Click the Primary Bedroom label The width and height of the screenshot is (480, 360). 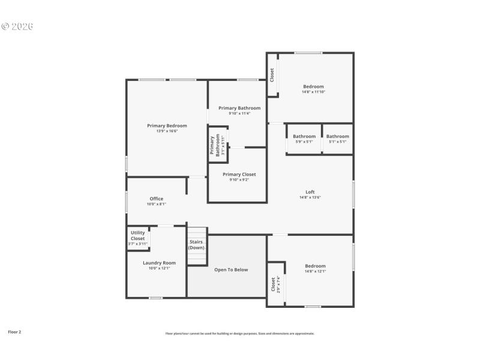click(x=167, y=125)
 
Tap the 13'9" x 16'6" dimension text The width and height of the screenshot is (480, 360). click(x=167, y=131)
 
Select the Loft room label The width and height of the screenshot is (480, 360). click(x=310, y=192)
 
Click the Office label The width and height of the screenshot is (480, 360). click(x=157, y=199)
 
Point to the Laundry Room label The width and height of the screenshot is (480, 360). click(x=159, y=263)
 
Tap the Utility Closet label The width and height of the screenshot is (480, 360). click(x=138, y=235)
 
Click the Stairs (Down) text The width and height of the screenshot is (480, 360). click(x=196, y=244)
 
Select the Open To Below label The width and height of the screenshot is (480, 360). click(x=231, y=270)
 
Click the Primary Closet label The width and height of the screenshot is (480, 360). click(x=239, y=174)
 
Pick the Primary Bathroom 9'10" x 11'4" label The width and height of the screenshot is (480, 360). click(x=239, y=108)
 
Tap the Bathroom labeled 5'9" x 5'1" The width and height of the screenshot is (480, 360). click(x=304, y=136)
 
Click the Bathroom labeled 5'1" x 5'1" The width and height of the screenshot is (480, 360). click(x=338, y=136)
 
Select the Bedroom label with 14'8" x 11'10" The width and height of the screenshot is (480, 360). click(x=313, y=86)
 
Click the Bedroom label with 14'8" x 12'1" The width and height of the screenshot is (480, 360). click(x=315, y=266)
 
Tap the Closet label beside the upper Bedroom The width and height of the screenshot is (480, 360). click(x=272, y=74)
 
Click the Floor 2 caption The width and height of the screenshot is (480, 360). click(x=14, y=331)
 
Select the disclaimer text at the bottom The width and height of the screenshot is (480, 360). click(x=240, y=334)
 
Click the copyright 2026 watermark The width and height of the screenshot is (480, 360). click(x=17, y=26)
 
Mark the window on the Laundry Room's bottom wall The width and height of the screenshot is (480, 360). click(x=155, y=298)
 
